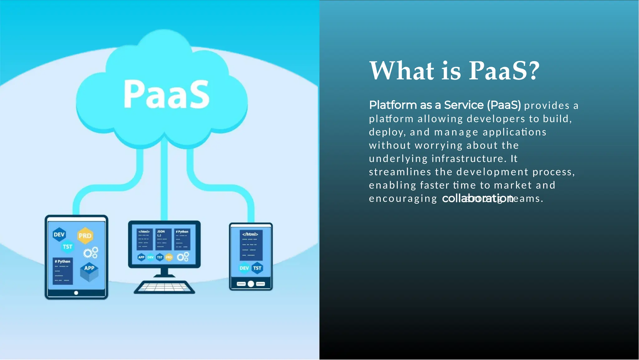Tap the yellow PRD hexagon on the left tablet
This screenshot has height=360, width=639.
click(x=85, y=236)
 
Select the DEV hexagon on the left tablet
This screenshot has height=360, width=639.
click(x=59, y=234)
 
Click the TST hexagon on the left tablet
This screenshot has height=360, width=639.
click(x=67, y=247)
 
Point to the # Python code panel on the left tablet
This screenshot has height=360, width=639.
click(x=63, y=271)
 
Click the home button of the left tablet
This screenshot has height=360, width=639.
click(x=76, y=293)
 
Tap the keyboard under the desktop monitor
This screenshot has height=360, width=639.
click(x=164, y=287)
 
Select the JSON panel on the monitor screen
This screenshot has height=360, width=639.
click(x=163, y=239)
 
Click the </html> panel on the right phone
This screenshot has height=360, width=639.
click(x=251, y=245)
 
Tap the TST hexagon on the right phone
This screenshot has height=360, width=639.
click(x=257, y=268)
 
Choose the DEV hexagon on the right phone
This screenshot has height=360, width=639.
click(x=244, y=268)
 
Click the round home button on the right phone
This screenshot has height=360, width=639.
click(x=251, y=284)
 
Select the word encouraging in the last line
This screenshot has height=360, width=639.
click(x=403, y=199)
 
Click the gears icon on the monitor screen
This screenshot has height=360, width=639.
click(x=183, y=257)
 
